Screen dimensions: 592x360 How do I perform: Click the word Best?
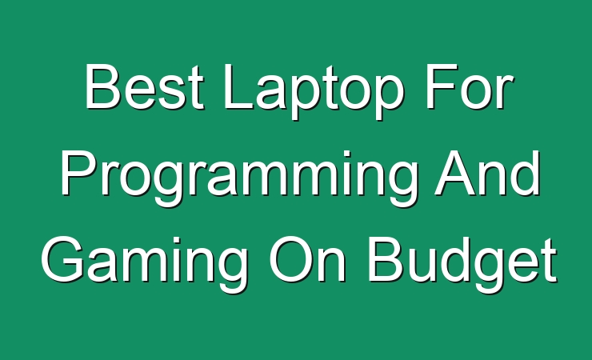click(x=144, y=86)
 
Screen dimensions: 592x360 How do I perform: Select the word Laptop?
click(x=314, y=92)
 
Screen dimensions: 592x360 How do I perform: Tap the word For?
click(x=469, y=86)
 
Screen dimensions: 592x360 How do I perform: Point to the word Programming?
click(x=239, y=178)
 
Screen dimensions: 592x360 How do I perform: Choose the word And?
click(x=488, y=173)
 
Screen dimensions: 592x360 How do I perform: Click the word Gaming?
click(x=144, y=265)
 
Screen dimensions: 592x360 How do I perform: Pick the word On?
click(x=306, y=259)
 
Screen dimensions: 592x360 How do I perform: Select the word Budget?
click(x=462, y=265)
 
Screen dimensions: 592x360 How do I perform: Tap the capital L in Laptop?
click(x=238, y=86)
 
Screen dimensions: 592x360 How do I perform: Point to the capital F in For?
click(x=442, y=86)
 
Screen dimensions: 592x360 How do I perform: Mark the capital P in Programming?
click(x=78, y=173)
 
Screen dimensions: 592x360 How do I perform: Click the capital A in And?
click(x=455, y=173)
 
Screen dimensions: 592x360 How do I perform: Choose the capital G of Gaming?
click(x=62, y=259)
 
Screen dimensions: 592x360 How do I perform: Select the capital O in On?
click(x=290, y=259)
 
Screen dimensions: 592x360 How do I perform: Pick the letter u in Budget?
click(x=422, y=266)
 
